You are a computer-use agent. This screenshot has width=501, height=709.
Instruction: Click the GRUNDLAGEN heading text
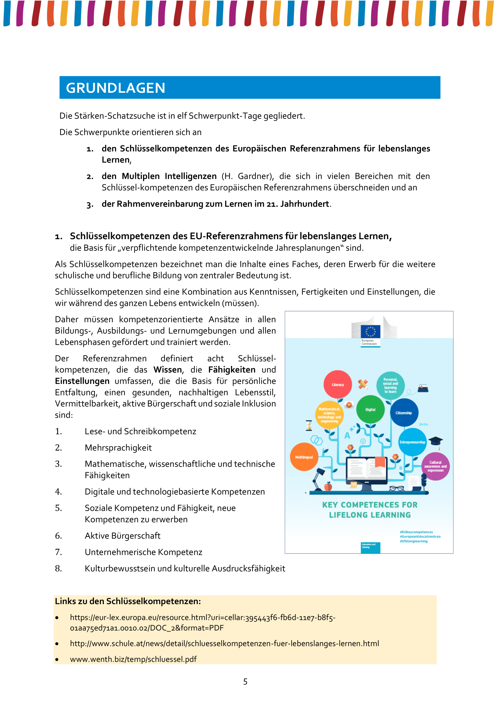[116, 88]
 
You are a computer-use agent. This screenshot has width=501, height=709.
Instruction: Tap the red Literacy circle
[337, 384]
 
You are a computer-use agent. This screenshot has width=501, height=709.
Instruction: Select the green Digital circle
[370, 410]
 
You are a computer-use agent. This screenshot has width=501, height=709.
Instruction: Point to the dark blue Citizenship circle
[404, 413]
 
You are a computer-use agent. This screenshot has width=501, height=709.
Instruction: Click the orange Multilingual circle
[304, 457]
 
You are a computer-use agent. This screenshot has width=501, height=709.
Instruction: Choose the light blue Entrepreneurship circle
[412, 442]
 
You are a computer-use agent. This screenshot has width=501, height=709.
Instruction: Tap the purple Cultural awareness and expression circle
[435, 466]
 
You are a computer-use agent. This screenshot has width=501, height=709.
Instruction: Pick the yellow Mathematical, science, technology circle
[329, 415]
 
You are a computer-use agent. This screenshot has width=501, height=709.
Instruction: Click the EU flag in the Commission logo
[370, 332]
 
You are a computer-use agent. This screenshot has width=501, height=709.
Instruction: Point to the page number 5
[245, 681]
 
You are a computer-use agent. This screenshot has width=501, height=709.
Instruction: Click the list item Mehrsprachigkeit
[118, 448]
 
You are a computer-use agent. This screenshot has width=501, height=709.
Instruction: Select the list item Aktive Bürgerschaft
[122, 536]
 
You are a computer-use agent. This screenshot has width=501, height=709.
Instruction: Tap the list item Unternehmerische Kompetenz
[144, 552]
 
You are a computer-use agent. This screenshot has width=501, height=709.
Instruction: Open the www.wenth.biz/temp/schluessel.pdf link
[133, 659]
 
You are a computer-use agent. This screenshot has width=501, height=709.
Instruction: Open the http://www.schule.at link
[224, 644]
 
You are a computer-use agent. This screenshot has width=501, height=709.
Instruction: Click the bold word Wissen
[168, 370]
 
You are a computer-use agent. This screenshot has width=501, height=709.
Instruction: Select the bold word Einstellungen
[82, 381]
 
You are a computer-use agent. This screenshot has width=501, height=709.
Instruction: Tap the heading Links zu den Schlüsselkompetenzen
[128, 601]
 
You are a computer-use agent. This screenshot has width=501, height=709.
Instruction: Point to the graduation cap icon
[436, 441]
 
